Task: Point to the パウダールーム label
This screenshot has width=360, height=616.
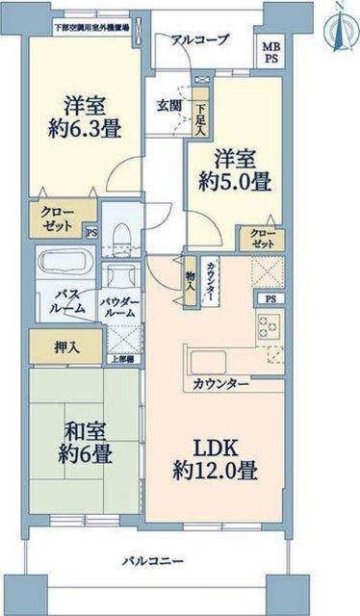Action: (120, 307)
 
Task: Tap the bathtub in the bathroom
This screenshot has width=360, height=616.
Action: (61, 264)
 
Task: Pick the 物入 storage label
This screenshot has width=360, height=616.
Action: (191, 280)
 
